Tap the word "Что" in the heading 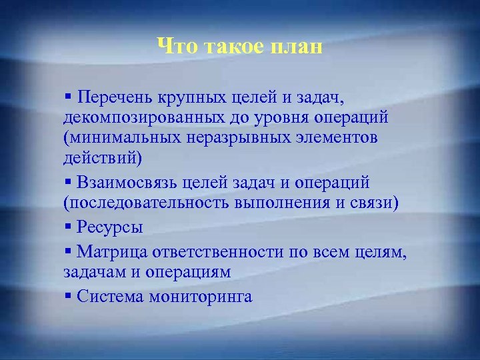(175, 47)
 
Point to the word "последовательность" (146, 203)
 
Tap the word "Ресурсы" (110, 227)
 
